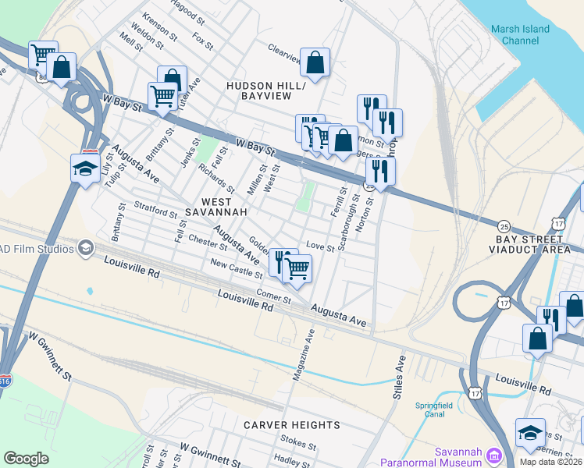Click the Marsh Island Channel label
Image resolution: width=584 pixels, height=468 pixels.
(x=520, y=34)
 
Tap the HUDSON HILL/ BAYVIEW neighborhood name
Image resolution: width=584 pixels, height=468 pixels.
(x=258, y=90)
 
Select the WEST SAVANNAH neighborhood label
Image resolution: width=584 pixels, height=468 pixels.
(x=219, y=206)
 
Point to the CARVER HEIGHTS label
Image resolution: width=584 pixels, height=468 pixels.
(x=291, y=425)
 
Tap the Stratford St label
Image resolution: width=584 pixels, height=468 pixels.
(x=156, y=211)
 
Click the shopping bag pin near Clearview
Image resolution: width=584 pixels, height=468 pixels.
(x=315, y=63)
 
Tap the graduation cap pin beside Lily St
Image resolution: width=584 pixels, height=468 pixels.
(x=85, y=168)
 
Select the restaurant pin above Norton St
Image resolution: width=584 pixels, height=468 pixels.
(x=379, y=172)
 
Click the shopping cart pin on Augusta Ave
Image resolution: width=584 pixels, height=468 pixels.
(x=297, y=269)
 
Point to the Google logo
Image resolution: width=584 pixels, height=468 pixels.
(x=26, y=459)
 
